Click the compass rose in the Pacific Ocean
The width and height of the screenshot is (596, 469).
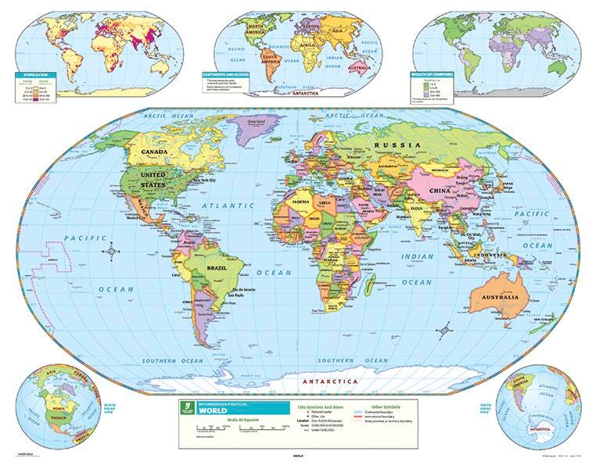click(114, 251)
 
